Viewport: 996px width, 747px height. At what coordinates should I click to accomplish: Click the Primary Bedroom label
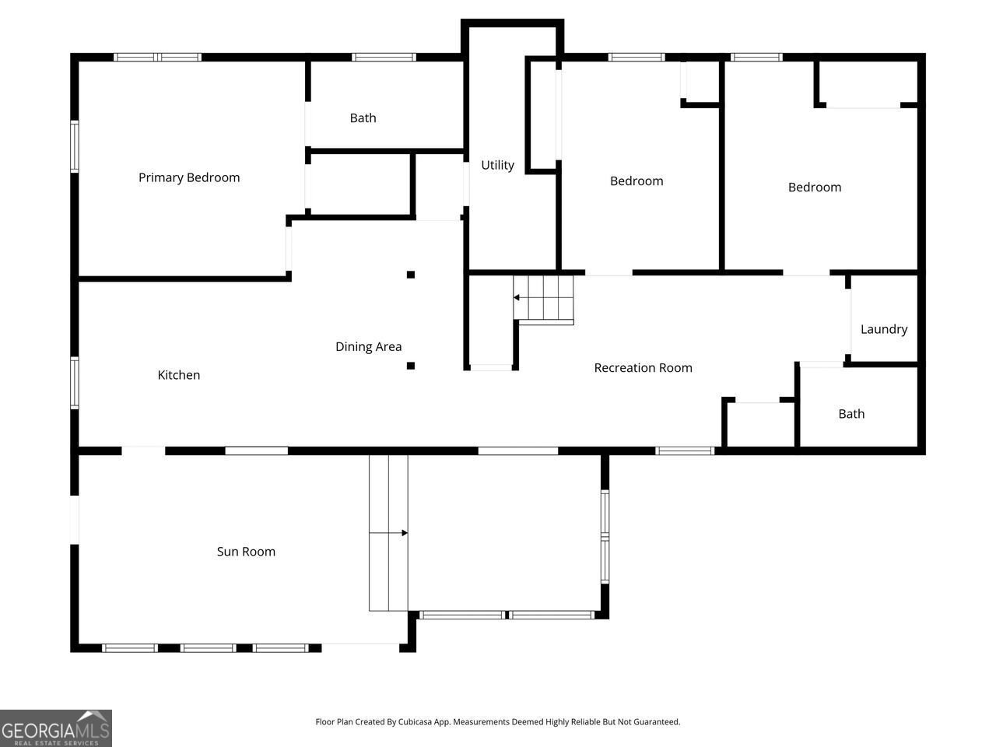tap(189, 177)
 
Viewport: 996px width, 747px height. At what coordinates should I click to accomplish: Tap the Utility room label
tap(497, 165)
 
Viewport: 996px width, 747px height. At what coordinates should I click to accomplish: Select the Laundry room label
tap(884, 329)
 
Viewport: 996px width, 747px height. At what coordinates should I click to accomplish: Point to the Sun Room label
tap(246, 552)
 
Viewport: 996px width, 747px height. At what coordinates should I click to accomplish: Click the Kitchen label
tap(179, 375)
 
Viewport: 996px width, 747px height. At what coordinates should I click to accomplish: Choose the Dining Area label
tap(369, 347)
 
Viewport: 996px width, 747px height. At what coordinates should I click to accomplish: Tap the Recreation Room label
tap(643, 368)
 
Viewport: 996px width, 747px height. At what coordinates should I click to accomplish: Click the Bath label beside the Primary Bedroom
tap(363, 118)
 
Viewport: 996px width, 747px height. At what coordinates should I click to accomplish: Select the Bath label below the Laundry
tap(851, 414)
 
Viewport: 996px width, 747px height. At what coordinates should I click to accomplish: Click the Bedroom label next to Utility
tap(637, 181)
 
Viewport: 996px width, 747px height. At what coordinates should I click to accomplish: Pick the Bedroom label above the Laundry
tap(815, 188)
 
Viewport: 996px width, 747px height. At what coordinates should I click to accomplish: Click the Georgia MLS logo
tap(56, 728)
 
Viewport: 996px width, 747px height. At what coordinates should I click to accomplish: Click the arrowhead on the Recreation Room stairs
tap(517, 297)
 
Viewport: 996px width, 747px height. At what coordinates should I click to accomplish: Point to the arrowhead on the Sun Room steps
tap(404, 533)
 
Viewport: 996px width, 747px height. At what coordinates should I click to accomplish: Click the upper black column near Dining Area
tap(411, 274)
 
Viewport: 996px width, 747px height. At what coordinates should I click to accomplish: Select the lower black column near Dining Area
tap(411, 365)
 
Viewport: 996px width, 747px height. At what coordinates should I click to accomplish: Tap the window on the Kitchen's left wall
tap(75, 382)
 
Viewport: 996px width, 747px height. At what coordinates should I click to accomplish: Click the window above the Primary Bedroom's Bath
tap(384, 57)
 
